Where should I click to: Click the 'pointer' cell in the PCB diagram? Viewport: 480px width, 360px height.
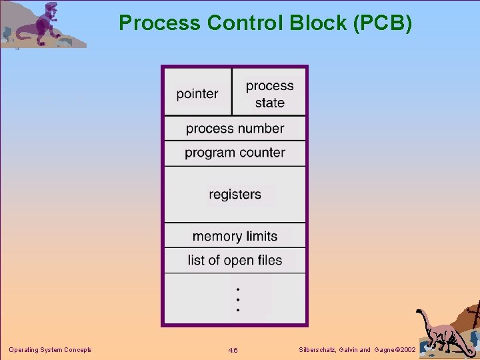click(197, 94)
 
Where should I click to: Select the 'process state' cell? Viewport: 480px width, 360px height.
click(269, 94)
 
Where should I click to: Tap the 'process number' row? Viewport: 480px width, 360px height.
click(235, 128)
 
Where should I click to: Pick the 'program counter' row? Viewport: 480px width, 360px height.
click(235, 153)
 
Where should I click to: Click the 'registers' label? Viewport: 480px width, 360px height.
click(235, 195)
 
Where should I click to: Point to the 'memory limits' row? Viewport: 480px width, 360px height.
click(235, 236)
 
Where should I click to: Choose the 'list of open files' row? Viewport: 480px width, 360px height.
click(235, 260)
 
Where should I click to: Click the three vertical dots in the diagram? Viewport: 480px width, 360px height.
click(238, 299)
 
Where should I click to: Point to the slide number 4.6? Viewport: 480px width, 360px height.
click(233, 351)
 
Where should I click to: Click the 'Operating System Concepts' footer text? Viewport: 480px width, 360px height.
click(50, 350)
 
